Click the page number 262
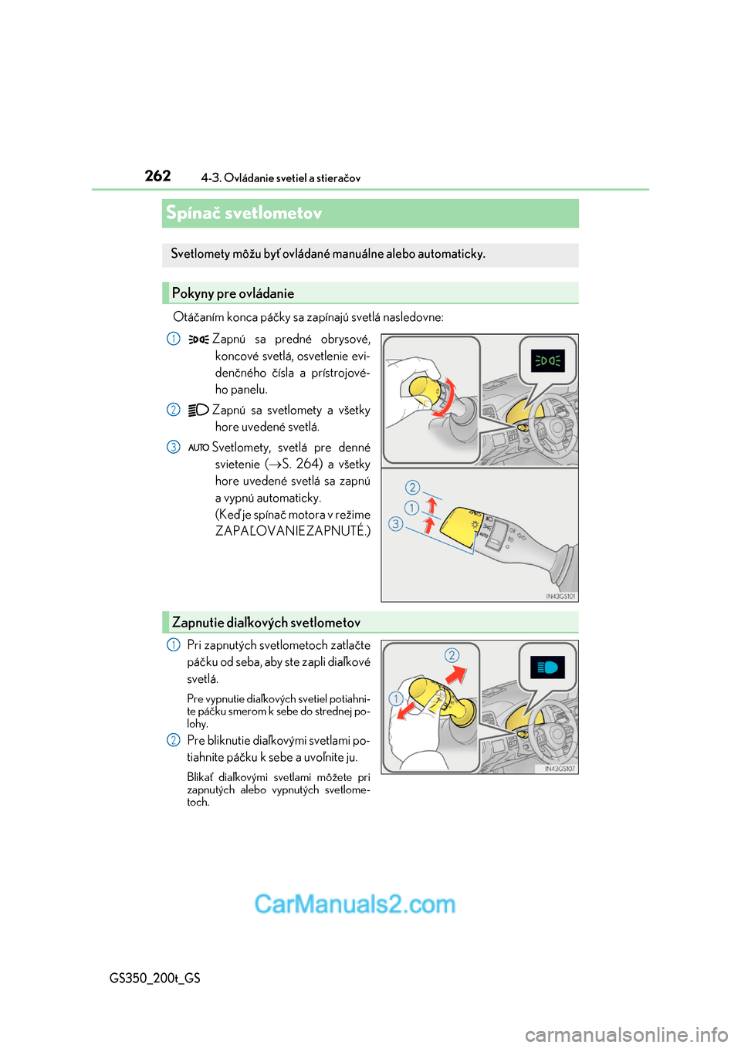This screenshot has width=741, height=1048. (x=157, y=176)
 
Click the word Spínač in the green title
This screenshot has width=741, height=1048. (x=192, y=213)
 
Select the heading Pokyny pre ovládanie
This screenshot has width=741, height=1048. (x=232, y=293)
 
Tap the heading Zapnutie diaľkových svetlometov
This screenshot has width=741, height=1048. (x=266, y=623)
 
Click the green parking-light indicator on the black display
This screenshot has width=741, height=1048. (x=547, y=360)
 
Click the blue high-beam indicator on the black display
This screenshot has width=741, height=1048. (x=547, y=668)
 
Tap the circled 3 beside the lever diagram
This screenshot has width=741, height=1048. (x=395, y=524)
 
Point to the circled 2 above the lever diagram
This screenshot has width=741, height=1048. (x=413, y=487)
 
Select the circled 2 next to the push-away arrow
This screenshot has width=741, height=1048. (x=452, y=655)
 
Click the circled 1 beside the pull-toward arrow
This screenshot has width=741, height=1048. (x=396, y=699)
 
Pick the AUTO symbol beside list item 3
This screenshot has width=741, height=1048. (x=198, y=448)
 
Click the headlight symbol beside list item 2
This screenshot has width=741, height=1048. (x=198, y=410)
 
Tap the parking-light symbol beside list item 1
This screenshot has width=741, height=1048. (x=198, y=339)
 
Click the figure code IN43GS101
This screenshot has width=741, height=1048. (x=560, y=596)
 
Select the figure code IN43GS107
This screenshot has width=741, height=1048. (x=560, y=769)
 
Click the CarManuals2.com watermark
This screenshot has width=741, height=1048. (x=355, y=904)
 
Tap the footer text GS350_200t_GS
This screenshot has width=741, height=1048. (x=155, y=978)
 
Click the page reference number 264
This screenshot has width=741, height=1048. (x=309, y=464)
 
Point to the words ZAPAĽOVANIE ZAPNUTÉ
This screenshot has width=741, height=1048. (x=292, y=531)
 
